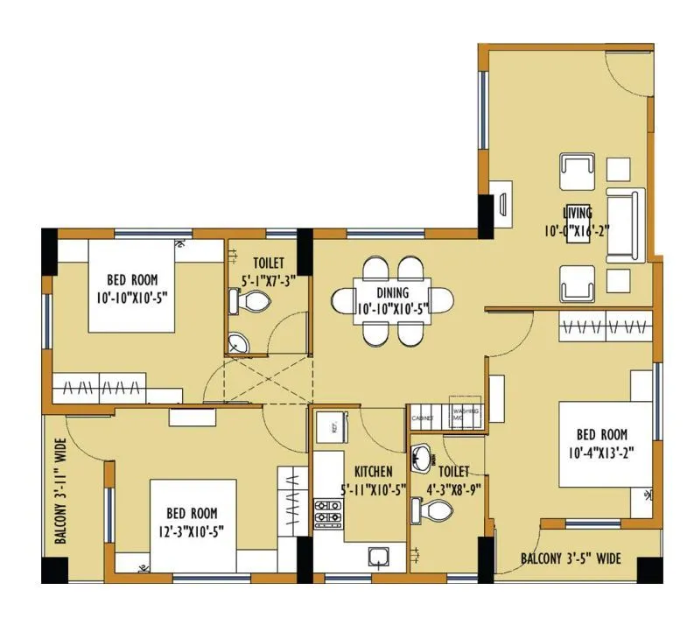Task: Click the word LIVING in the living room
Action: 578,213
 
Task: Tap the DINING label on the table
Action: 392,293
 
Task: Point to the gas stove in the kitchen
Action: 328,516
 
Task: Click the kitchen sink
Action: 379,557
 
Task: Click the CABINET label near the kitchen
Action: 423,418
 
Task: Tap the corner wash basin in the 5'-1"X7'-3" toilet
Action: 237,344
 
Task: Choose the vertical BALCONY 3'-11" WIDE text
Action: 62,493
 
